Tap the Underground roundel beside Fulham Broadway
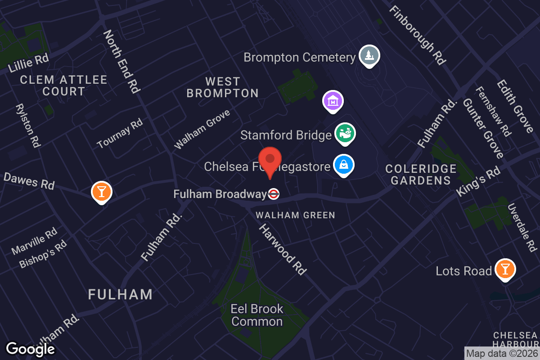274,194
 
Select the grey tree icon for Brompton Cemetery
369,56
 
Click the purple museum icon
333,101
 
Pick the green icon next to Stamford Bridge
346,134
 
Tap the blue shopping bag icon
344,165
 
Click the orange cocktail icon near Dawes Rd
101,192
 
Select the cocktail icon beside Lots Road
505,269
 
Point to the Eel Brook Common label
257,315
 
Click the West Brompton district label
223,87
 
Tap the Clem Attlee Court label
64,85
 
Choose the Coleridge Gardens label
421,175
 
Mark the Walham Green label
295,215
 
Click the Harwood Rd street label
283,249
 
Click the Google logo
31,349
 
